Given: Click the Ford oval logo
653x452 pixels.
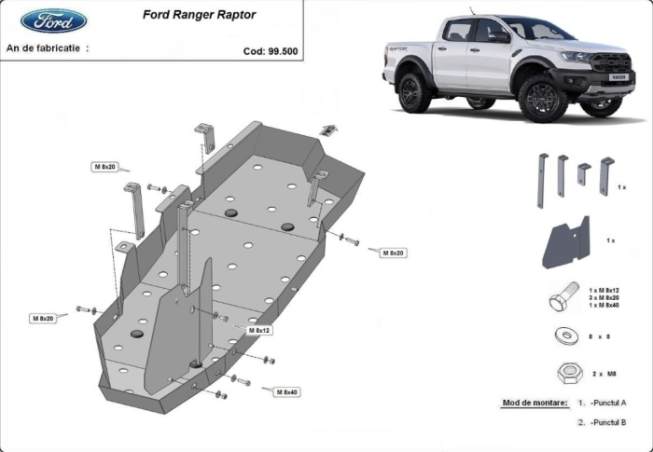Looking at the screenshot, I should coord(54,20).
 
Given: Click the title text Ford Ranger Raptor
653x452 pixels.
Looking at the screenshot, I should coord(199,15).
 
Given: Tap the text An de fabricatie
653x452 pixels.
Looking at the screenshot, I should coord(47,47).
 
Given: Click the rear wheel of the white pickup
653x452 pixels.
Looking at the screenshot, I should coord(414,91).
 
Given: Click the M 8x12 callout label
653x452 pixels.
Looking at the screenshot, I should coord(258,330).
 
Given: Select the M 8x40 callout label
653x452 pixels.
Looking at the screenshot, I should coord(286,391).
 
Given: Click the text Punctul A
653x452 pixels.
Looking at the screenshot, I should coord(607,403).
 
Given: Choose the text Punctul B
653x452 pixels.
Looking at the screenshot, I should coord(607,422).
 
